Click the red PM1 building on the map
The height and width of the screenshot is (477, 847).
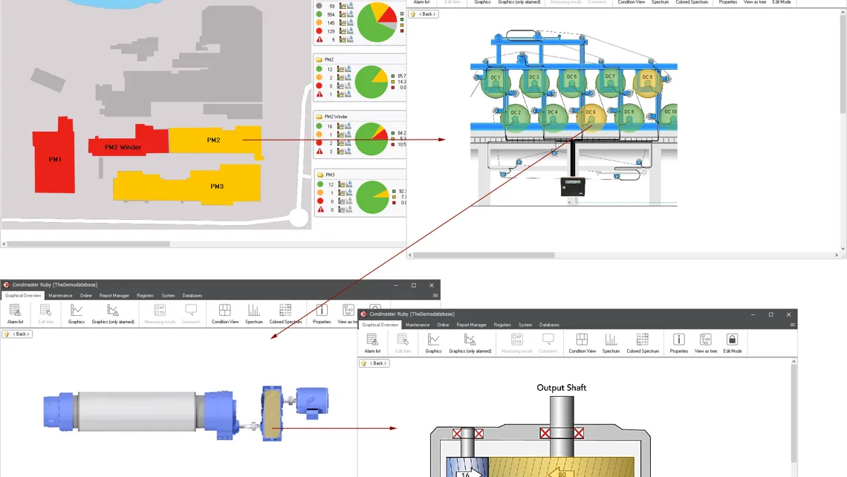[x=54, y=159]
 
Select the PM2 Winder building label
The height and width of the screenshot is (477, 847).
[x=123, y=147]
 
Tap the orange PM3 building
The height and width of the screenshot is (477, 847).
[x=216, y=186]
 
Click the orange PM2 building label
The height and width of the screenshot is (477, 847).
[x=213, y=140]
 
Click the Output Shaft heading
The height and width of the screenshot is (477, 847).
[x=561, y=387]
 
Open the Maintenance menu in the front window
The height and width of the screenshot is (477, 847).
[x=418, y=325]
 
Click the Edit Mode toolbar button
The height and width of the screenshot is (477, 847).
[x=732, y=343]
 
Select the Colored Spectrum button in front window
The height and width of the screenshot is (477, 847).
[x=643, y=343]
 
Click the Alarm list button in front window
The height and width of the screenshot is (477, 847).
[x=372, y=343]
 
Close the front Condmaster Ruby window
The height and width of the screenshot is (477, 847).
[x=788, y=314]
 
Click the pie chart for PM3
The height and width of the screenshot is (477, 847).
[x=371, y=197]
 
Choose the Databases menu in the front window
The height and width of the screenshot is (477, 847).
[x=549, y=325]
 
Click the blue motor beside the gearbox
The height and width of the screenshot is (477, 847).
[x=312, y=401]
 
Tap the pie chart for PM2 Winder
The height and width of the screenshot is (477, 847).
[x=371, y=138]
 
